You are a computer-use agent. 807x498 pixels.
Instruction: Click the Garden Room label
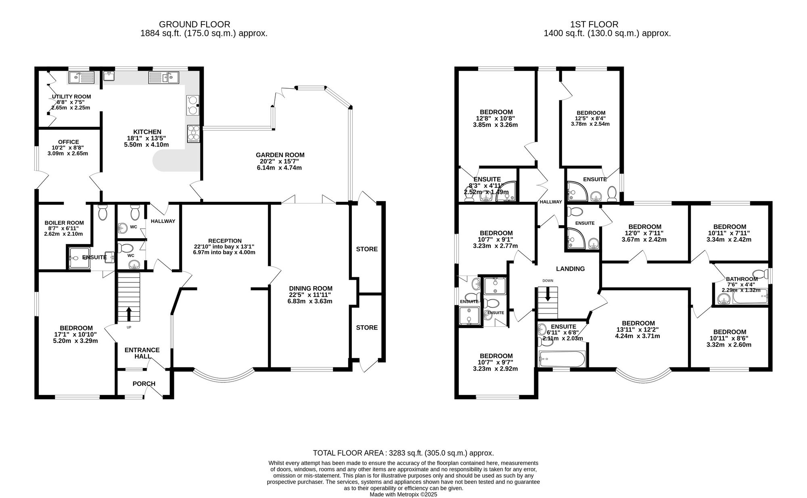(x=280, y=155)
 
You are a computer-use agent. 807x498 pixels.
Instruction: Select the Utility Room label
(x=71, y=97)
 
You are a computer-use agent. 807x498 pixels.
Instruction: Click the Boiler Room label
(x=64, y=223)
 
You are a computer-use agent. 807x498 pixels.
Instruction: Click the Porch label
(x=144, y=384)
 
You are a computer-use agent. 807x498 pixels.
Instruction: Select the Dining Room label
(x=310, y=288)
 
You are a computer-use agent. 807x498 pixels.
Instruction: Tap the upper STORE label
(x=367, y=249)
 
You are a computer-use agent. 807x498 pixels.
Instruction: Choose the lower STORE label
(x=367, y=328)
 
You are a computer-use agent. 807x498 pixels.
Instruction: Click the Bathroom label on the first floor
(x=742, y=279)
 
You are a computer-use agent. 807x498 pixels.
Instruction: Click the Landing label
(x=570, y=269)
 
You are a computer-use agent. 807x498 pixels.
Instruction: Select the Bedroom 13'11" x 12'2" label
(x=638, y=323)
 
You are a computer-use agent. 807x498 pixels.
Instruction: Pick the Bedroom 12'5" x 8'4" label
(x=591, y=113)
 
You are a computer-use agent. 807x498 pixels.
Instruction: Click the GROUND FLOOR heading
(x=194, y=24)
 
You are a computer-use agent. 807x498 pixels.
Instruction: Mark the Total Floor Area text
(x=403, y=453)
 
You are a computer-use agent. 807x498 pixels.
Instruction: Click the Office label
(x=68, y=142)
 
